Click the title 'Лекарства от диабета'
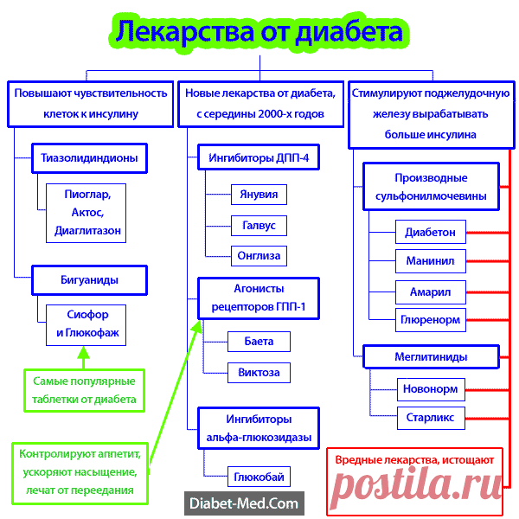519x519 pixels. (x=259, y=32)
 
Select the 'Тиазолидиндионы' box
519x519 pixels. (x=89, y=158)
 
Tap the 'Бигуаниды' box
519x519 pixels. (x=89, y=280)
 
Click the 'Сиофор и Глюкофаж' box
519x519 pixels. (x=87, y=324)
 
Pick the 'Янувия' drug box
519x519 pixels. (x=259, y=195)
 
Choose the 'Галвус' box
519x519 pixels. (x=259, y=225)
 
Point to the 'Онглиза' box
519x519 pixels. (x=259, y=255)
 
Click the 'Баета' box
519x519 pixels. (x=259, y=342)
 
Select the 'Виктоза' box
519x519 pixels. (x=259, y=373)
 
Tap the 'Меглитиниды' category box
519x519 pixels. (x=431, y=356)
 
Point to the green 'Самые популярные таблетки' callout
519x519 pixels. (x=84, y=390)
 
